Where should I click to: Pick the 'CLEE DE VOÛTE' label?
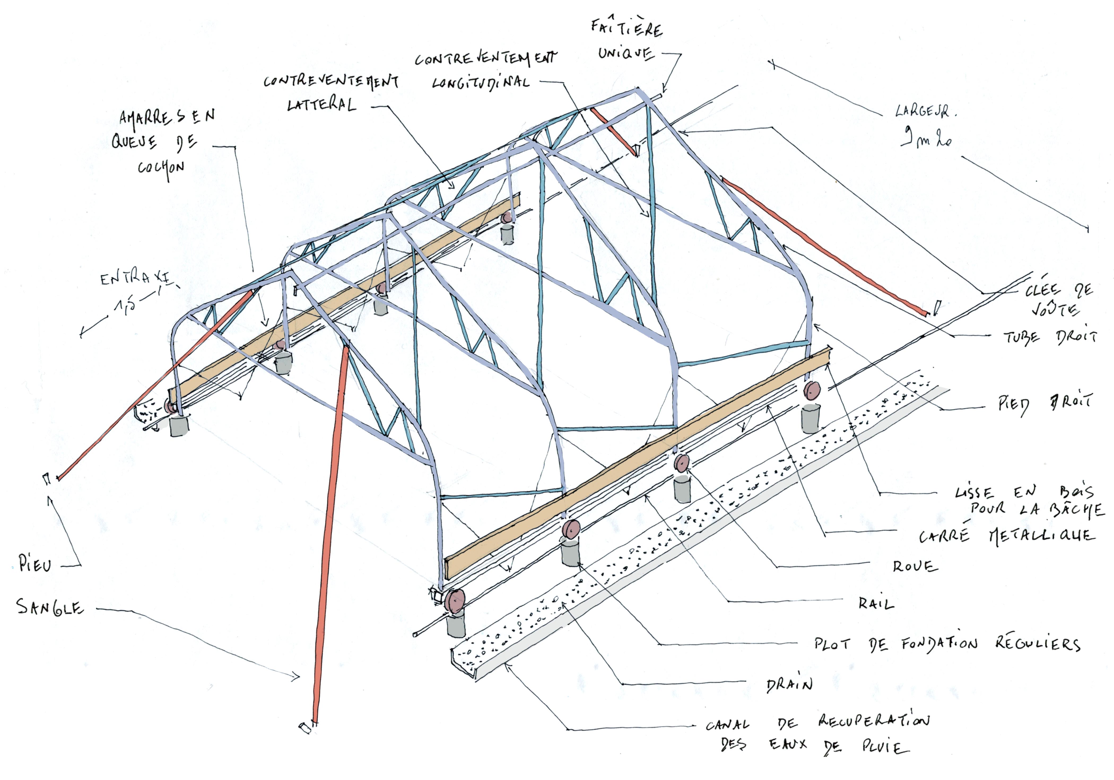1058,299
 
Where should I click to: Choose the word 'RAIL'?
876,604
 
